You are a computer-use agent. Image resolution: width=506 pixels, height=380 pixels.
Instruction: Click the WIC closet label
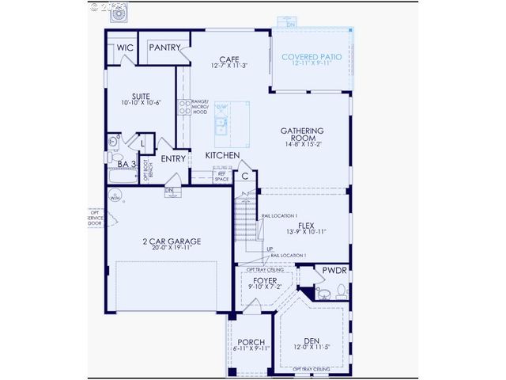point(124,47)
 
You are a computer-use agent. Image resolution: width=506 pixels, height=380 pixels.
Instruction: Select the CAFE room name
point(229,59)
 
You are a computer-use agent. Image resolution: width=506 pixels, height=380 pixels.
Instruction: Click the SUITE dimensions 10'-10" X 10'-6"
point(141,103)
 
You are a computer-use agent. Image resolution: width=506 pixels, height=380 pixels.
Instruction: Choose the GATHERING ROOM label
point(304,135)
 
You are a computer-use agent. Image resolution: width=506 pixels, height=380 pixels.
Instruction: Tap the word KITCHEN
point(223,156)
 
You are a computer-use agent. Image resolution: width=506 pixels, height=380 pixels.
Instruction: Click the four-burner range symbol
point(185,111)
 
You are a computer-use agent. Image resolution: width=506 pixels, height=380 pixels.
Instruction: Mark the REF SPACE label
point(221,177)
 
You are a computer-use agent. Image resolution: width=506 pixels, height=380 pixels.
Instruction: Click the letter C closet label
point(246,176)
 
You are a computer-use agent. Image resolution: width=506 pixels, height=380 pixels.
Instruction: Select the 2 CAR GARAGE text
point(172,241)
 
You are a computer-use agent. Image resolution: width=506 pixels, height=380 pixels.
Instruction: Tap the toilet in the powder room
point(341,291)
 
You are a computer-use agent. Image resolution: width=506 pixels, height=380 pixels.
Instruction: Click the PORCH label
point(251,342)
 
